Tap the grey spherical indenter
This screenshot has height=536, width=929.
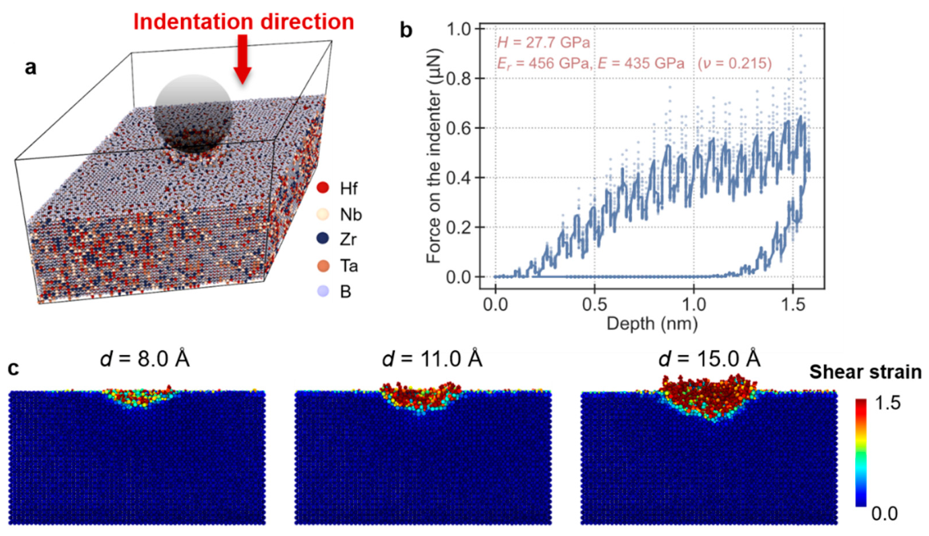(192, 112)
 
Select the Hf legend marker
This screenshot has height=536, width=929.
(323, 188)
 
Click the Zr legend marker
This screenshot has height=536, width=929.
(323, 239)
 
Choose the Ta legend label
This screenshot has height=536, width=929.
(349, 266)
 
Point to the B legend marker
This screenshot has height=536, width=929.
(323, 291)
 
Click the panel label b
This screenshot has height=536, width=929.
(406, 30)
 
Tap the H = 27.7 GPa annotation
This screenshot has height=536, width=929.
(543, 42)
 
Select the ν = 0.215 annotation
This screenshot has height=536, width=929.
(734, 62)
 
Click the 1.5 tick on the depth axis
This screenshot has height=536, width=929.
(793, 304)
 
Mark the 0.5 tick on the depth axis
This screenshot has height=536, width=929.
(594, 304)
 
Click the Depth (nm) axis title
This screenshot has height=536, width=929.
(652, 324)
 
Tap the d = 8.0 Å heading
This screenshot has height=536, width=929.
(145, 359)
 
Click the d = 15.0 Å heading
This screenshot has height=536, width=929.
(709, 359)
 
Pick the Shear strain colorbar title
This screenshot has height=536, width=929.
(866, 372)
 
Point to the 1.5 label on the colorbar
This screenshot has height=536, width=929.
(887, 403)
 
